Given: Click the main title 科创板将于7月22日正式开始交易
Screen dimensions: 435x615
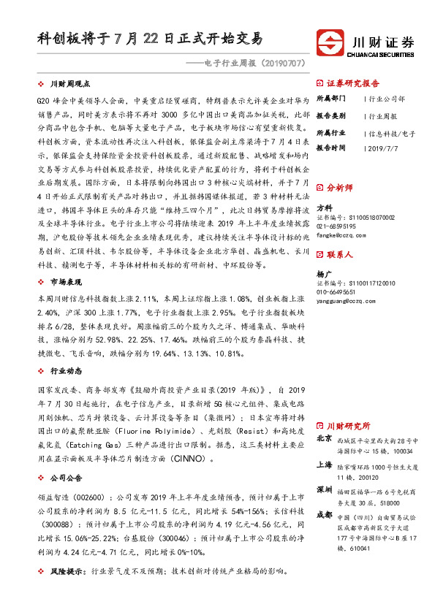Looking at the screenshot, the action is click(150, 38).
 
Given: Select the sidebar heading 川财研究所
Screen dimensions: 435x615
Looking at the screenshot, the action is click(349, 425).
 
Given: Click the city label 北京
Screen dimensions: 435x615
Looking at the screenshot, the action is click(324, 440).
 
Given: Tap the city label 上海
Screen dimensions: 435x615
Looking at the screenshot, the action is click(324, 465).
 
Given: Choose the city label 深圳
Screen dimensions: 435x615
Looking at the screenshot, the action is click(324, 489).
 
